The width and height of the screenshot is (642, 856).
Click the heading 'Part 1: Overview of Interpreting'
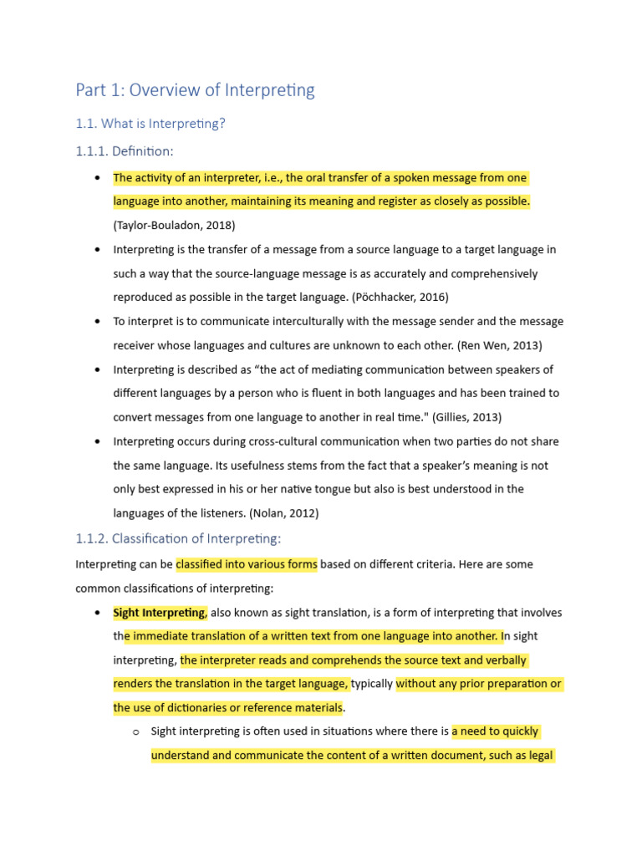click(x=195, y=90)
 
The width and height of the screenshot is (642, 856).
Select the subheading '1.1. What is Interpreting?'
click(x=150, y=124)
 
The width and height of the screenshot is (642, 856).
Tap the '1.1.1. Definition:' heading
click(x=125, y=151)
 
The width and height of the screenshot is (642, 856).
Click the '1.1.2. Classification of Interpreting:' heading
click(x=178, y=538)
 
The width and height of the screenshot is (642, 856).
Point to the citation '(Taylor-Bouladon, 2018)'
click(x=174, y=225)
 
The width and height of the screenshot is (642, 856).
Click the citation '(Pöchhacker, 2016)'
click(x=400, y=297)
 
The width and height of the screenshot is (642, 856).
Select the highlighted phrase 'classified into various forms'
click(x=247, y=564)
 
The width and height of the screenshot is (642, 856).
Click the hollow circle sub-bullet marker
click(x=134, y=732)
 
